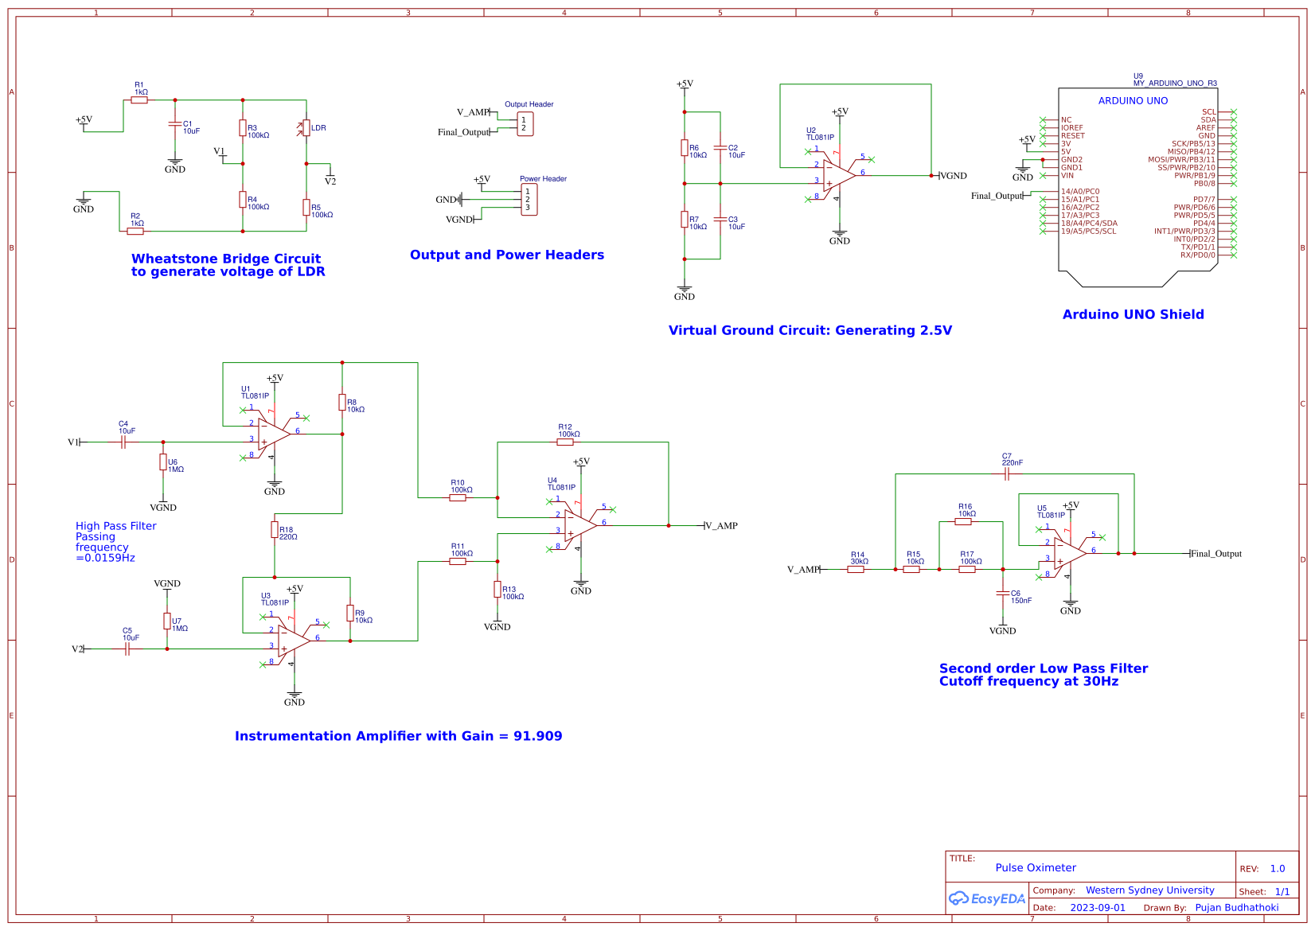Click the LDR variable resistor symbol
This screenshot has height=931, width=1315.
coord(306,128)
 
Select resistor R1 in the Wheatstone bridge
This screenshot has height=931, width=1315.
coord(139,100)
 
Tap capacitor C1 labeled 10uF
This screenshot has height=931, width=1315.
coord(175,124)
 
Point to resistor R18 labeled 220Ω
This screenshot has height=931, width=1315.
coord(275,530)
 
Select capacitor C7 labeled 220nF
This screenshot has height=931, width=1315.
coord(1007,474)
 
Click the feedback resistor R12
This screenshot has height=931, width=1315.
coord(565,442)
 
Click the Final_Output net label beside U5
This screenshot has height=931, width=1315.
coord(1215,554)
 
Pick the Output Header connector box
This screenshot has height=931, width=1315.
coord(525,124)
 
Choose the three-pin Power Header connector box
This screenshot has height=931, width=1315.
coord(529,200)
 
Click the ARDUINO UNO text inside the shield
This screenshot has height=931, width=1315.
coord(1133,101)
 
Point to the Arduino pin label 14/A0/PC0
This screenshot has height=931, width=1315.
coord(1079,192)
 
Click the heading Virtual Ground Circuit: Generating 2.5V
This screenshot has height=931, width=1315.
coord(810,330)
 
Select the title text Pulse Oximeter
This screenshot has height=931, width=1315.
coord(1035,868)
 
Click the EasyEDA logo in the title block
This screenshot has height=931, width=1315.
coord(987,898)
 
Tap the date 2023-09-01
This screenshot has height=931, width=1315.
coord(1097,908)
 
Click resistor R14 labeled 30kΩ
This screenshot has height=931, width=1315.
coord(856,569)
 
